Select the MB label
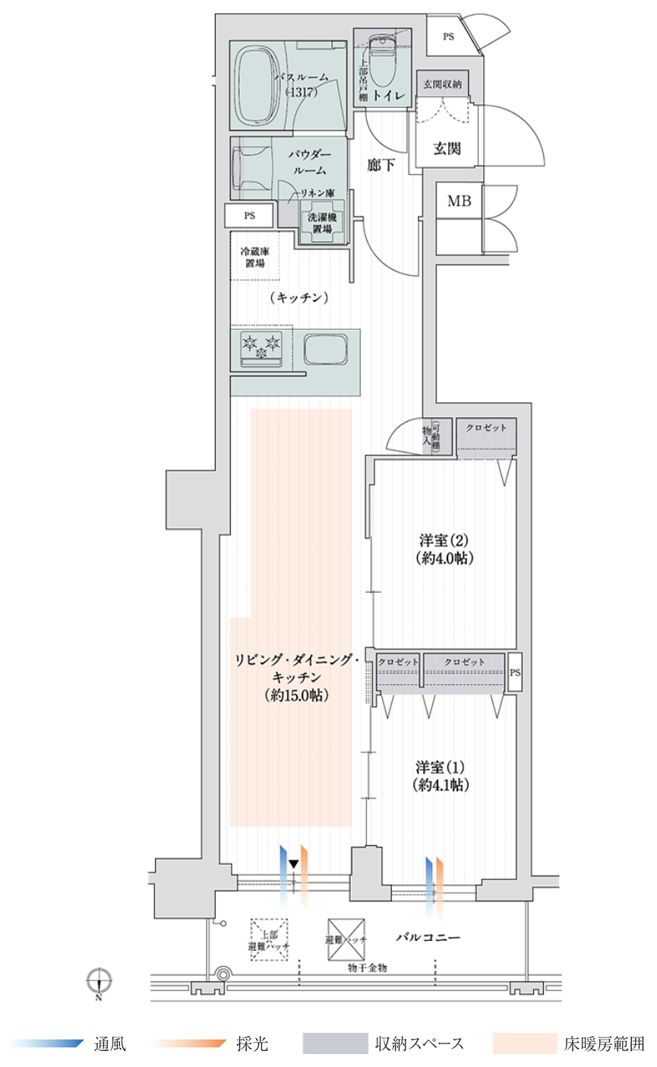point(459,201)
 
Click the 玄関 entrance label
point(447,148)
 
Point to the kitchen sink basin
point(326,350)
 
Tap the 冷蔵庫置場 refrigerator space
point(254,258)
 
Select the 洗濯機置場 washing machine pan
point(322,223)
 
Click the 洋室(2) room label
point(445,549)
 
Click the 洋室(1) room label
point(441,774)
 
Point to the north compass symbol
point(99,981)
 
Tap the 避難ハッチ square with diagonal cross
point(346,939)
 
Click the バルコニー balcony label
point(427,938)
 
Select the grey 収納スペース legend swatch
point(333,1043)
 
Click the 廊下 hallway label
point(381,163)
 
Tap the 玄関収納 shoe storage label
point(442,84)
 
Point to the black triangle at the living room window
point(293,864)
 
